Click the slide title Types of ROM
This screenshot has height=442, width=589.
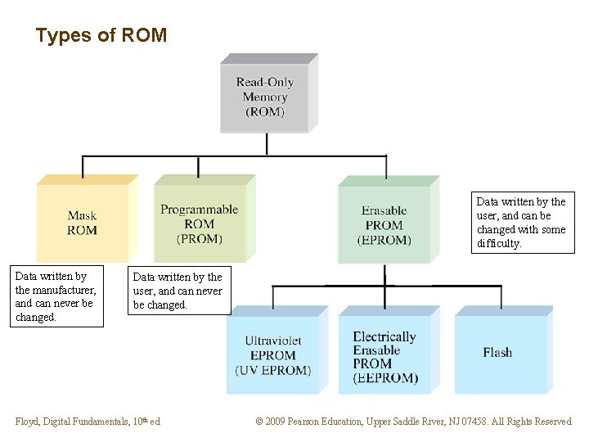[101, 36]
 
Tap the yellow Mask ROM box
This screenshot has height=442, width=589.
[82, 223]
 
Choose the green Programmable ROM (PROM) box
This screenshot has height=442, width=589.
[200, 223]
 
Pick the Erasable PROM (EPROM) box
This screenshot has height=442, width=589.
[384, 224]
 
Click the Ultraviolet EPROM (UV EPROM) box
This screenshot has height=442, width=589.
[273, 355]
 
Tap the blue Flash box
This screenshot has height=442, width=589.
[497, 353]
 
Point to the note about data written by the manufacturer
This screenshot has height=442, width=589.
[56, 296]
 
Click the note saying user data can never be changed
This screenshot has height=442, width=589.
[178, 291]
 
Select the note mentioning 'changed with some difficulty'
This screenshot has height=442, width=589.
[521, 223]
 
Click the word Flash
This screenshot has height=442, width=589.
[497, 353]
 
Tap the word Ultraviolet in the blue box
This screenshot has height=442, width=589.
[273, 341]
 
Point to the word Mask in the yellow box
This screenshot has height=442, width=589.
[82, 216]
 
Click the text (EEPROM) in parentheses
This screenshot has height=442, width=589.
[385, 377]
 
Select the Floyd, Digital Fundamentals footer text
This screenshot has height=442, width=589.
[88, 422]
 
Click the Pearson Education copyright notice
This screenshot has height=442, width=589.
[413, 422]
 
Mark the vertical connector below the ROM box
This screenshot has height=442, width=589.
[267, 143]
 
